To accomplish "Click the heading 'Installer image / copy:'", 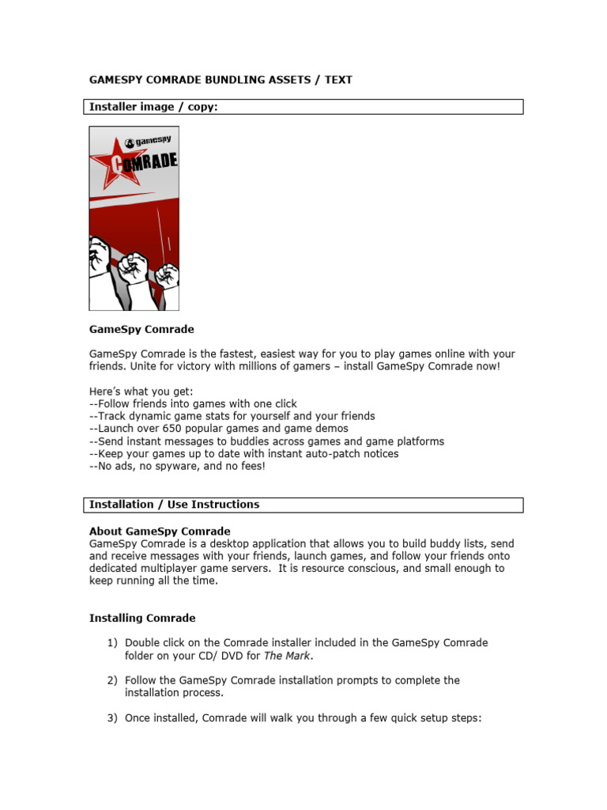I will [x=153, y=106].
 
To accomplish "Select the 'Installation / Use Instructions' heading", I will [x=174, y=504].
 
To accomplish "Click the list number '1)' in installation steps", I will [x=111, y=643].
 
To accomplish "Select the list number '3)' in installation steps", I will [x=111, y=717].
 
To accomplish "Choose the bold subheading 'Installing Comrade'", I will [x=142, y=618].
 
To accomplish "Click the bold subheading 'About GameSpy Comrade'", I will [x=160, y=531].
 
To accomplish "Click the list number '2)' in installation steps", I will [x=111, y=680].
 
